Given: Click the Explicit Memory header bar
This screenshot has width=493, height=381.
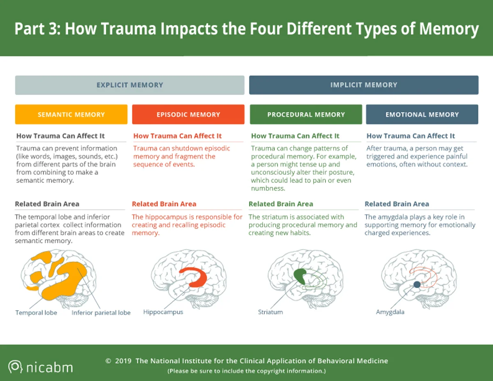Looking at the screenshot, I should pyautogui.click(x=130, y=85).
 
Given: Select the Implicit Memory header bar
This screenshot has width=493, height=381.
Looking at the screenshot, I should pyautogui.click(x=364, y=85).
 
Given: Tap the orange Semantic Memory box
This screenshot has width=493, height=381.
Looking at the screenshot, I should pyautogui.click(x=71, y=115).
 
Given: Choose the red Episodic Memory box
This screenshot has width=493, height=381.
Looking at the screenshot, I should pyautogui.click(x=188, y=115).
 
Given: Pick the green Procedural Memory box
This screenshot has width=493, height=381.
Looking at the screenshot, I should pyautogui.click(x=306, y=115).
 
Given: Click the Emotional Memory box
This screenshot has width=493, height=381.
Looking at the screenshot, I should pyautogui.click(x=422, y=115).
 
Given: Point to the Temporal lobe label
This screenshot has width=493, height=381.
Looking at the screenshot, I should pyautogui.click(x=36, y=313).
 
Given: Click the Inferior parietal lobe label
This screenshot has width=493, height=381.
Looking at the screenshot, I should pyautogui.click(x=101, y=313).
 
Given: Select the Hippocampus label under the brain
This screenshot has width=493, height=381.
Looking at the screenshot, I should pyautogui.click(x=163, y=312).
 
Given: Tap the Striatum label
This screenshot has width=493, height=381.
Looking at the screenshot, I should pyautogui.click(x=270, y=312).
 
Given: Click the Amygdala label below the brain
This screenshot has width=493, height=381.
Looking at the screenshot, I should pyautogui.click(x=390, y=312).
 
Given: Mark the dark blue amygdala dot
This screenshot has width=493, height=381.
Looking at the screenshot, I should pyautogui.click(x=417, y=284).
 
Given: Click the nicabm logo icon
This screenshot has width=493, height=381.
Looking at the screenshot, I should pyautogui.click(x=16, y=367).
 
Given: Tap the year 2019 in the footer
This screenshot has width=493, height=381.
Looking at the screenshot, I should pyautogui.click(x=123, y=361).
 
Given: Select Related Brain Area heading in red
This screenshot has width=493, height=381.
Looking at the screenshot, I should pyautogui.click(x=164, y=204).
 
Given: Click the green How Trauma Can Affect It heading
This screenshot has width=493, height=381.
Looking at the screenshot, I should pyautogui.click(x=295, y=136).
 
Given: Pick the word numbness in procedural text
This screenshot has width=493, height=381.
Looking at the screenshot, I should pyautogui.click(x=268, y=188).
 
